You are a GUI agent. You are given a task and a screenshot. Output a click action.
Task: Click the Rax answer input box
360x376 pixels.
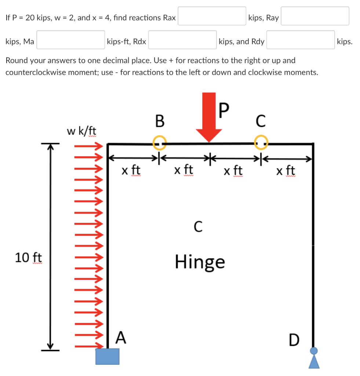click(212, 16)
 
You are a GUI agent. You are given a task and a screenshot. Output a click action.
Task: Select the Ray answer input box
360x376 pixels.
click(315, 16)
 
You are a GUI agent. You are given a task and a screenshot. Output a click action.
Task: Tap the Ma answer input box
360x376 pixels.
click(70, 40)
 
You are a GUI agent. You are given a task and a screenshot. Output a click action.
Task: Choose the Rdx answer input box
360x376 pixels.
click(182, 40)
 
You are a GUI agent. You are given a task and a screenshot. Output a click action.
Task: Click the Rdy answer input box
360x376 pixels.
click(301, 40)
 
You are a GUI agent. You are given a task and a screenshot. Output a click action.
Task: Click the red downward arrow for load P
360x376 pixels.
click(209, 117)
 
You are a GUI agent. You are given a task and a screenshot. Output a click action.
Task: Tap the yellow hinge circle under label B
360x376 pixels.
click(160, 142)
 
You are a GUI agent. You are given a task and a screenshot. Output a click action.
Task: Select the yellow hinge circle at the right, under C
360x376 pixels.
click(261, 142)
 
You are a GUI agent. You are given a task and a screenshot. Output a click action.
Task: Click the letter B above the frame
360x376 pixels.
click(160, 121)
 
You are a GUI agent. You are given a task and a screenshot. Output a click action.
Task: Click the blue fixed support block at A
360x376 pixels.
click(108, 356)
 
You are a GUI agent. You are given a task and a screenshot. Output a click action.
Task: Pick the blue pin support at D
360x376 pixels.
click(314, 358)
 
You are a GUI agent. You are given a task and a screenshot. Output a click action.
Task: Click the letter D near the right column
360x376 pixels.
click(294, 340)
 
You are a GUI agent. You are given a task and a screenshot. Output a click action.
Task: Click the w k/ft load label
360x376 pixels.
click(81, 130)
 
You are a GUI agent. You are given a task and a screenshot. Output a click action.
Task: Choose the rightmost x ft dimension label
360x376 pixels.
click(286, 171)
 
